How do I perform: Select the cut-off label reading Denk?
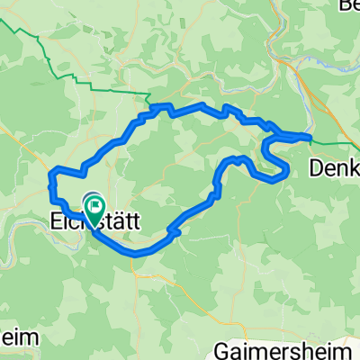coord(334,167)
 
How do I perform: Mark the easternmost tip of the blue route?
coord(310,137)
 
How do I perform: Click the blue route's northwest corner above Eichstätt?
coord(51,171)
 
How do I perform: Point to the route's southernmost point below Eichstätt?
coord(135,254)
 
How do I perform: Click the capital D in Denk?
coord(316,167)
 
